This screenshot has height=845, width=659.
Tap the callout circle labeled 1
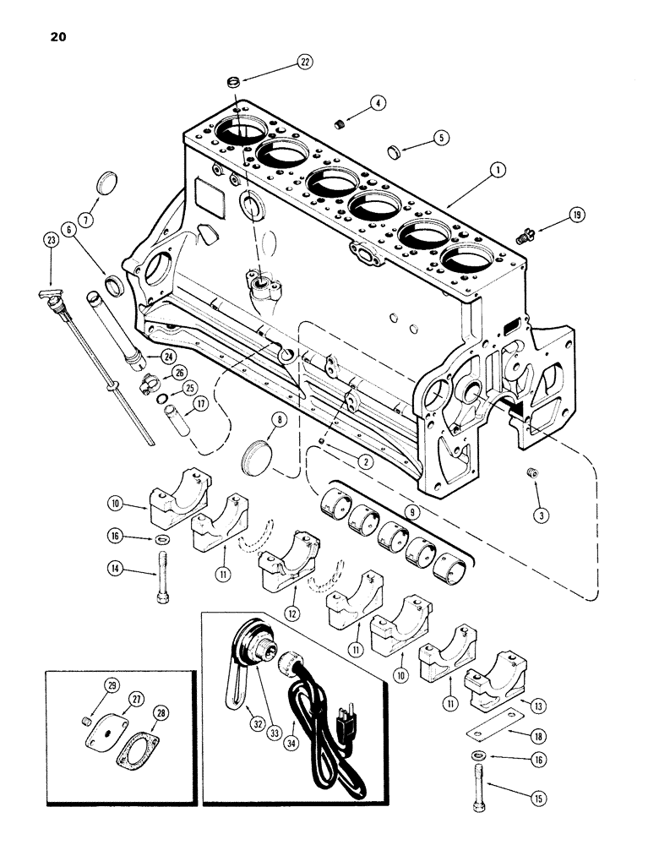(x=499, y=170)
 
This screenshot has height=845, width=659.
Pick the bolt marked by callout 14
(x=161, y=583)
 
